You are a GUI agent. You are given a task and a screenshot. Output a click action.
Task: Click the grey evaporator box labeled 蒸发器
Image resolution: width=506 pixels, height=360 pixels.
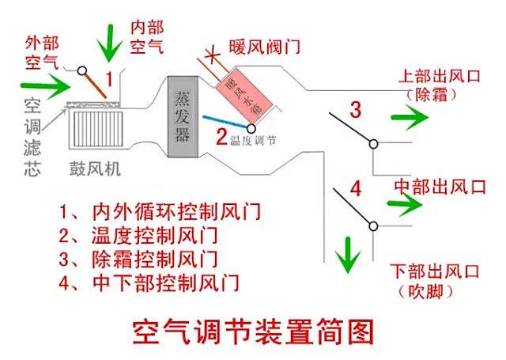click(x=183, y=117)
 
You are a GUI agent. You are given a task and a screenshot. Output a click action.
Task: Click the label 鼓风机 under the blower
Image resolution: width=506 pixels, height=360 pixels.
click(x=95, y=169)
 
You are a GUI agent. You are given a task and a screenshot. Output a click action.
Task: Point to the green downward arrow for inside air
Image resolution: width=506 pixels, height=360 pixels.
click(x=110, y=43)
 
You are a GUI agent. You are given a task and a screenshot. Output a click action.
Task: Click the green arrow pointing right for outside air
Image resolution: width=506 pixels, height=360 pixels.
click(x=45, y=85)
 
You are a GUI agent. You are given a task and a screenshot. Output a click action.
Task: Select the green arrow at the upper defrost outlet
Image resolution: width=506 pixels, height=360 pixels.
click(x=410, y=117)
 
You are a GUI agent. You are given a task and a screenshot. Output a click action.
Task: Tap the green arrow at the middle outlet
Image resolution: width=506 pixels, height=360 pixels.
click(x=405, y=204)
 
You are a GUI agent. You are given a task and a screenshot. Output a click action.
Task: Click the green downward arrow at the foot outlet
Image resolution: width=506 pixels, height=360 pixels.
click(x=348, y=255)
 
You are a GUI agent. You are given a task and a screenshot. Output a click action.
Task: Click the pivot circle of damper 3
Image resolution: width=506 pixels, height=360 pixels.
click(x=373, y=144)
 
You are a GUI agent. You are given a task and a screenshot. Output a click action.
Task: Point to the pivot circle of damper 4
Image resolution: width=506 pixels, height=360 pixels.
click(x=373, y=226)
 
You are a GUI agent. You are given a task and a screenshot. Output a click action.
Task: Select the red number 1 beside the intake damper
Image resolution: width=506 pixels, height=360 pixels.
click(x=109, y=79)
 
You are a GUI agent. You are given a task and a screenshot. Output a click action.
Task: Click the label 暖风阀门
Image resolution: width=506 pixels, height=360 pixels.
click(x=265, y=47)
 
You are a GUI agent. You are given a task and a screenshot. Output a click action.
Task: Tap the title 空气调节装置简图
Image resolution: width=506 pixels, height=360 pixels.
click(x=253, y=332)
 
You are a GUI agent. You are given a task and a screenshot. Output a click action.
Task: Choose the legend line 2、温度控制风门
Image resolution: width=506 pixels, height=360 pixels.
click(x=138, y=235)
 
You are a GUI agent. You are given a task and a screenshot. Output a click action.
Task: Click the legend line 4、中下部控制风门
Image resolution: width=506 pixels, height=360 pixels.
click(x=149, y=282)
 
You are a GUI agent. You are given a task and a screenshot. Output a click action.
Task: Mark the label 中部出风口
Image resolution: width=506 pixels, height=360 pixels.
click(x=440, y=187)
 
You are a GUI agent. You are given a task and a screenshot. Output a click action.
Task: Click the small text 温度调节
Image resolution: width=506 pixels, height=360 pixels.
click(x=253, y=141)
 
